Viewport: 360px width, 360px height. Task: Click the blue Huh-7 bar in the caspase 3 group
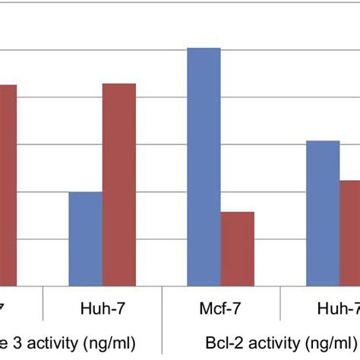point(85,238)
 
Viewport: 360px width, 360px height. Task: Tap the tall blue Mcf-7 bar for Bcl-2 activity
point(204,167)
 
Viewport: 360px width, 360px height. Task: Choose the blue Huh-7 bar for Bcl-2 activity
point(323,213)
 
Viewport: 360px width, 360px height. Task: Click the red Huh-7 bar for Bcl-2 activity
point(349,232)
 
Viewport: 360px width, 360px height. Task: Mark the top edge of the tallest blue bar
point(204,49)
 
